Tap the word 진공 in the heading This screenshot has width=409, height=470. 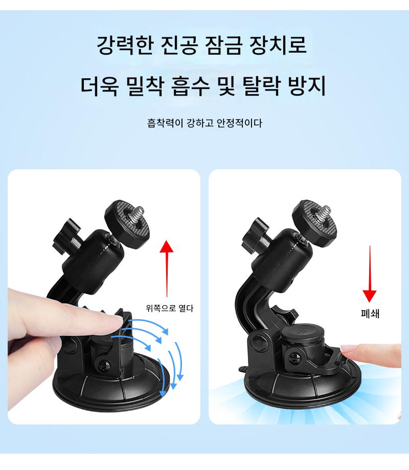point(179,45)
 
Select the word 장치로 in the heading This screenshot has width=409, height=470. point(278,45)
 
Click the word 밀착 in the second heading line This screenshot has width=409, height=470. point(145,86)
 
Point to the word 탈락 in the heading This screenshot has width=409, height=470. point(261,86)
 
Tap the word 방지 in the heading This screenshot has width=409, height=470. point(307,86)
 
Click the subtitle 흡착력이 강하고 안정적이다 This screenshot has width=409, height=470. point(204,123)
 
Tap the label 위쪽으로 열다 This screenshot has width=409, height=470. point(170,308)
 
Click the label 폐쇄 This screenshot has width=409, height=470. point(370,314)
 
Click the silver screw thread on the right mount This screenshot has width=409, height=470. point(324,213)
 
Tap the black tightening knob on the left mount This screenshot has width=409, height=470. point(66,236)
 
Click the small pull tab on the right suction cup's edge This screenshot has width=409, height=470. point(243,368)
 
